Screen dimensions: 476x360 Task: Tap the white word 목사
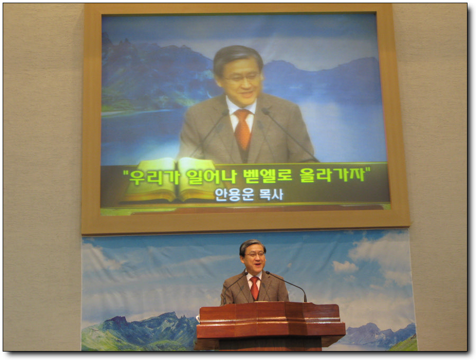271,195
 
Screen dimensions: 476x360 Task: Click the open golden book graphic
172,180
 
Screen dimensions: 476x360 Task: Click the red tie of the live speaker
254,287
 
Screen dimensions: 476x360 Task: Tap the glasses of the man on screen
242,78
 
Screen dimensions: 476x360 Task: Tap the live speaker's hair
252,246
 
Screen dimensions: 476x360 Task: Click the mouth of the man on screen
246,94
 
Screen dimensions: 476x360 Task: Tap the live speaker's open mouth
257,265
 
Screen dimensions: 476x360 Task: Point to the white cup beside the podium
198,318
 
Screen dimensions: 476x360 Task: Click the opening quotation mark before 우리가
125,173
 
